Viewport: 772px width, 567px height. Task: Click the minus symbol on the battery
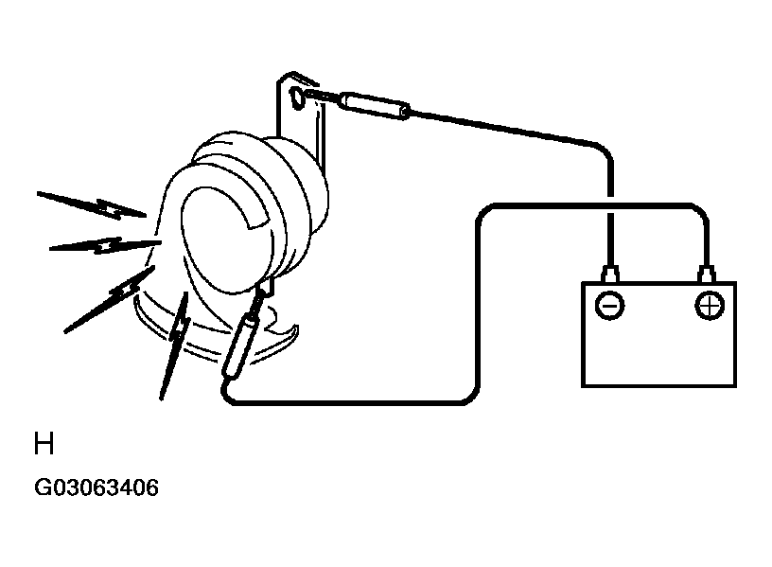(x=609, y=306)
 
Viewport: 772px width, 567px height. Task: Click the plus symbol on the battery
(x=710, y=306)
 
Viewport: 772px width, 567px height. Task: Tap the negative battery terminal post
(x=610, y=274)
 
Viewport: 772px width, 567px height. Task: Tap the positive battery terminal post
(x=707, y=274)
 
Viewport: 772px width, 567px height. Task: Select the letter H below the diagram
(x=44, y=443)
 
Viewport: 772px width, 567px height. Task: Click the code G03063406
(x=96, y=487)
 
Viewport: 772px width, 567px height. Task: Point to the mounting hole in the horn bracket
(x=297, y=97)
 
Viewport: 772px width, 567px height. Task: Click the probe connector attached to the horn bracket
(x=376, y=106)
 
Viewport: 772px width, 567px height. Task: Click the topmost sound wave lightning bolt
(x=92, y=204)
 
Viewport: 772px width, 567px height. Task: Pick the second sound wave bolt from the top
(x=105, y=245)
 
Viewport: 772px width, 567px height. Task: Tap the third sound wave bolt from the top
(x=110, y=300)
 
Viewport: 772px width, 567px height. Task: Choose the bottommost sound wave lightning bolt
(x=175, y=346)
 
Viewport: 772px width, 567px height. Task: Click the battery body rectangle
(x=658, y=334)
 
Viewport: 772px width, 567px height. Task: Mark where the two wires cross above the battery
(x=610, y=204)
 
